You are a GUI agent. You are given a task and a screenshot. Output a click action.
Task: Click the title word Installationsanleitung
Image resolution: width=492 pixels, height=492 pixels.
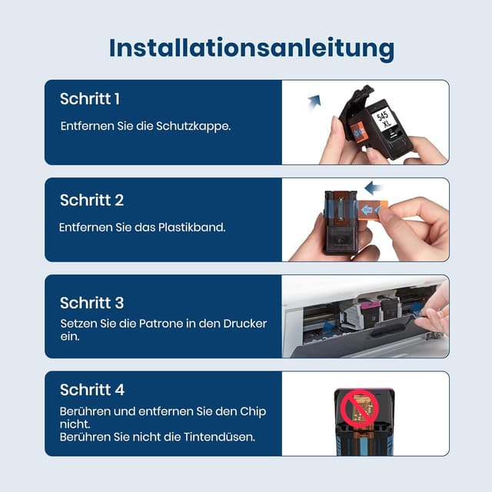coord(251,47)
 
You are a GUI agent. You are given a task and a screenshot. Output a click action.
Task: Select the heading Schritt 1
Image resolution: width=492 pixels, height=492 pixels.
coord(90,99)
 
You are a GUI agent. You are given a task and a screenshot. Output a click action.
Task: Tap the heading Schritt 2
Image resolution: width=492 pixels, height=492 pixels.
coord(91,201)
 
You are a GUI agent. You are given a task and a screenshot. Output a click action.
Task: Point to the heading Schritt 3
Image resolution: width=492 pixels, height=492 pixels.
coord(91,303)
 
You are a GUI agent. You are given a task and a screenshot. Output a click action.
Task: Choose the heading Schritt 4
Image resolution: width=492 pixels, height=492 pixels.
coord(92,390)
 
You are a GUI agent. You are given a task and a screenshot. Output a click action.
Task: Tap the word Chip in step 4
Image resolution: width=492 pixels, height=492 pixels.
coord(251,411)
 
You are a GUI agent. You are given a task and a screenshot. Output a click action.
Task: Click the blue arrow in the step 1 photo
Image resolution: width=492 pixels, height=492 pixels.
coord(314,100)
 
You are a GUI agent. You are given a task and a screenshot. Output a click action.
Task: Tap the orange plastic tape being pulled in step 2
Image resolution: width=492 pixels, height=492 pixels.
coord(371,209)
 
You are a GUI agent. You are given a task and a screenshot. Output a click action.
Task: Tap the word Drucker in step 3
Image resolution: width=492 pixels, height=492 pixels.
coord(246,324)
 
